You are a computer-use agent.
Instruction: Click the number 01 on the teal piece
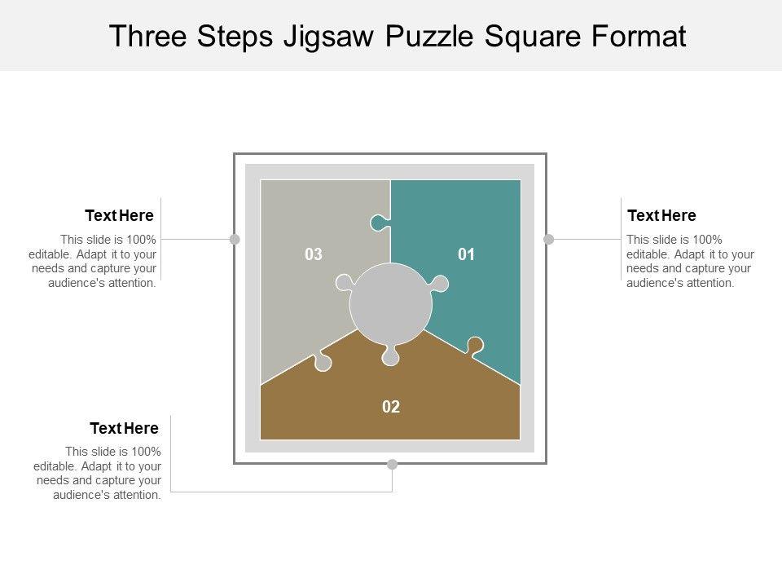[x=466, y=255]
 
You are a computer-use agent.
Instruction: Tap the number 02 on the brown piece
[x=391, y=407]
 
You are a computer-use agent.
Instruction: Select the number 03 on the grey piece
[x=314, y=255]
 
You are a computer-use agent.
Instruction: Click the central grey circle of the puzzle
[x=391, y=304]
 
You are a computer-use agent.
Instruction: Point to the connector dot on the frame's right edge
[x=548, y=239]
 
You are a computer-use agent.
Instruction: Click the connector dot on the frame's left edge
[x=235, y=239]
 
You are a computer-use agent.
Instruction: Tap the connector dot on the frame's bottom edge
[x=392, y=464]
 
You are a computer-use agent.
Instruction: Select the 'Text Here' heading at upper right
[x=661, y=215]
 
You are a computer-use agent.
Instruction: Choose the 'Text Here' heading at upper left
[x=120, y=215]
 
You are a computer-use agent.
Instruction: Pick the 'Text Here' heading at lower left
[x=124, y=428]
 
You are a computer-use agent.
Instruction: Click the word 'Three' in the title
[x=147, y=37]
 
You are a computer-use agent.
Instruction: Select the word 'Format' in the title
[x=643, y=37]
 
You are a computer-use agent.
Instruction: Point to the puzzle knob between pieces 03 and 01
[x=379, y=222]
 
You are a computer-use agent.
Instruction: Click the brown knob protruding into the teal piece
[x=474, y=345]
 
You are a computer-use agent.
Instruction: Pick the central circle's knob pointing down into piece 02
[x=391, y=356]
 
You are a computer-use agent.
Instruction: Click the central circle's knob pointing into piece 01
[x=440, y=284]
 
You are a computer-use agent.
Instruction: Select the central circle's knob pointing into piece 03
[x=343, y=284]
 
